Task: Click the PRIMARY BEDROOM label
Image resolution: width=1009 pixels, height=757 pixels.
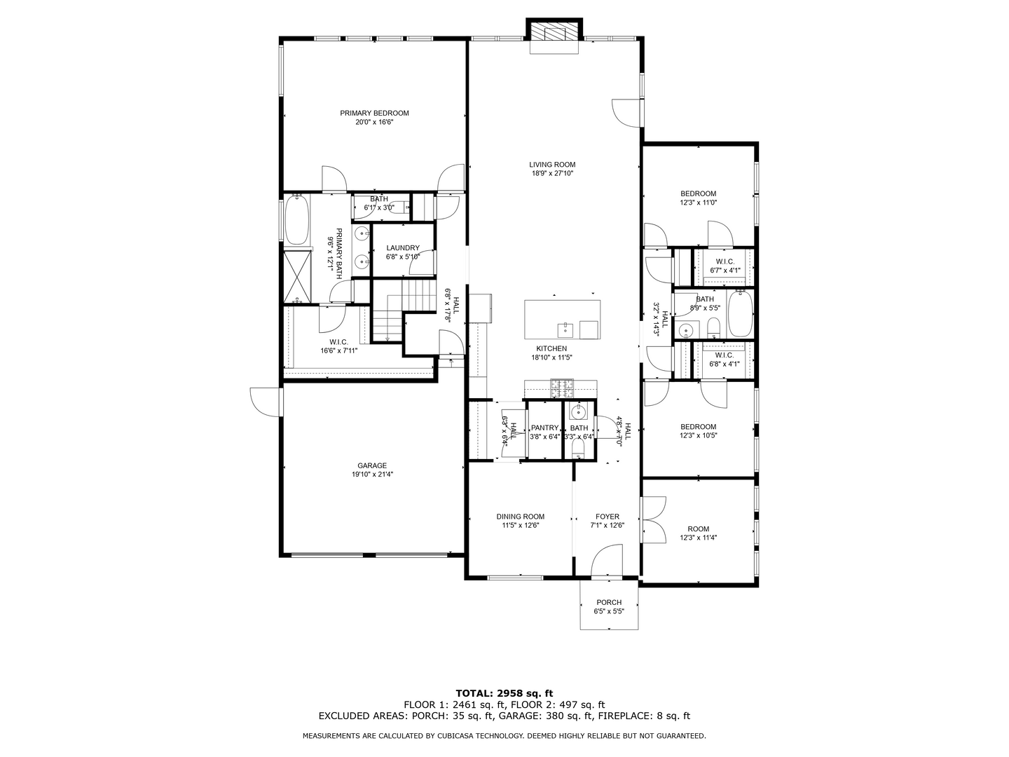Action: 374,113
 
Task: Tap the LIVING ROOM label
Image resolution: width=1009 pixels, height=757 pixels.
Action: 552,165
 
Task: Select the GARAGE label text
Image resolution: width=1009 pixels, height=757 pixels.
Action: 372,465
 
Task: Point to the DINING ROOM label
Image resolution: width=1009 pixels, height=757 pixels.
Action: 521,517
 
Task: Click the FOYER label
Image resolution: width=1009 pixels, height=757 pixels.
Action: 608,517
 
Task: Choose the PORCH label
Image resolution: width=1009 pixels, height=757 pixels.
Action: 609,602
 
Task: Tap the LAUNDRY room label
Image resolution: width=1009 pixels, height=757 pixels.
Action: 403,247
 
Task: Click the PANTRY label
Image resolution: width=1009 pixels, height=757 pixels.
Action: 544,428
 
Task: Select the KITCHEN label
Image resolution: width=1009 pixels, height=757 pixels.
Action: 551,348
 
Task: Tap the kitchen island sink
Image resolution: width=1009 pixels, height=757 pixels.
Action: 565,329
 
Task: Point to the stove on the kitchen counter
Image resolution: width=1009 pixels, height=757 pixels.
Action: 562,388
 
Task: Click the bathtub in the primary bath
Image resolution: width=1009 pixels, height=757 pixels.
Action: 296,219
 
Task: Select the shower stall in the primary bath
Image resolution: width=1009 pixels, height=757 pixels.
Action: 297,277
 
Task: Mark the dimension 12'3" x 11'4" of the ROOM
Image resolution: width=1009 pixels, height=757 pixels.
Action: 699,538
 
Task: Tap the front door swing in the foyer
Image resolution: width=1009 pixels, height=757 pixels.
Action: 607,559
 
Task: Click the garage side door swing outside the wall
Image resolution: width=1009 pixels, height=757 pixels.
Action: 265,402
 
